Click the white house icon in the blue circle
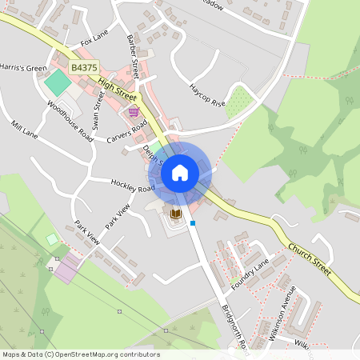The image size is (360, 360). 180,172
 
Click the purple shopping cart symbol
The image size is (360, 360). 133,112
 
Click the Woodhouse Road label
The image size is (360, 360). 70,122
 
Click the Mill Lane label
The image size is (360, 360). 25,129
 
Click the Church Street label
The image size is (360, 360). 310,258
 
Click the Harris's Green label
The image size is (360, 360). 23,67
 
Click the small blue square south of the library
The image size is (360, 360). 193,223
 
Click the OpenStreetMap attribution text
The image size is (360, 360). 80,354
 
